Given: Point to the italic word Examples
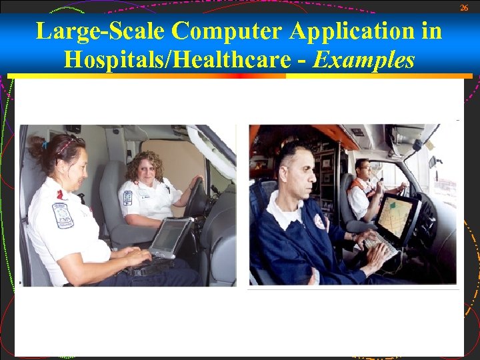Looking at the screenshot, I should point(364,60).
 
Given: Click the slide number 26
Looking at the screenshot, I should point(464,7).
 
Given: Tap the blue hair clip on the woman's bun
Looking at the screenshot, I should point(45,143).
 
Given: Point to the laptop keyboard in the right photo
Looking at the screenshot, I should point(379,244).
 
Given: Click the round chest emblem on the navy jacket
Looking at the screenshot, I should point(320,222).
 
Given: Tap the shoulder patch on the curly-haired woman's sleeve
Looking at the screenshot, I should point(127,198).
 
